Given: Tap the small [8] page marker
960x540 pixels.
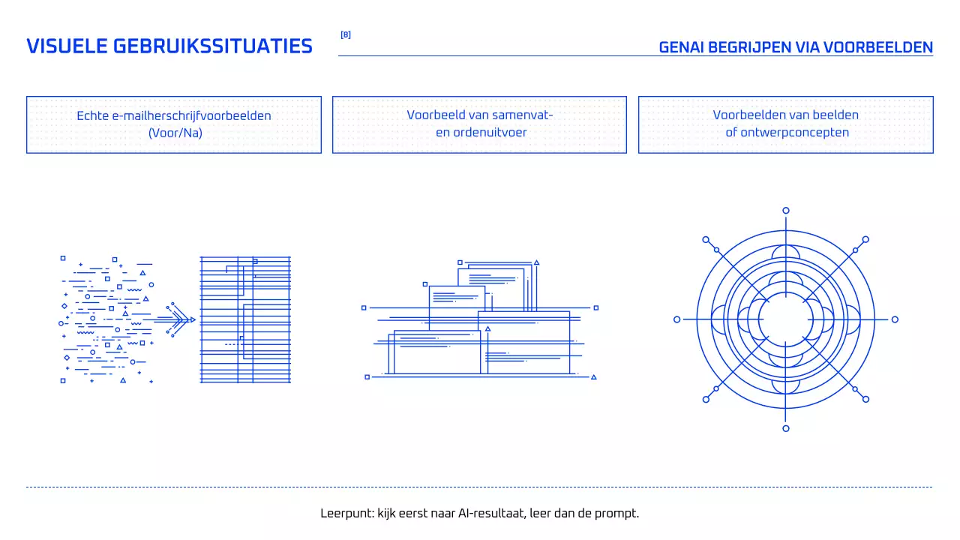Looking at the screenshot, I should pyautogui.click(x=345, y=34).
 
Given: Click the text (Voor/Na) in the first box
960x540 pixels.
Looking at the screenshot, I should pyautogui.click(x=175, y=133).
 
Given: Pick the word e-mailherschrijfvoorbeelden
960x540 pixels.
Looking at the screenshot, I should pyautogui.click(x=191, y=115).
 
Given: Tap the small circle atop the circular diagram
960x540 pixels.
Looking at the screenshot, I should pyautogui.click(x=785, y=211).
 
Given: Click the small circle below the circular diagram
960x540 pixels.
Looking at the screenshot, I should pyautogui.click(x=785, y=428).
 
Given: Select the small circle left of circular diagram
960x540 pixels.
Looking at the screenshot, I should pyautogui.click(x=676, y=319).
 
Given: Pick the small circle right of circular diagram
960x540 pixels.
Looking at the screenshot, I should pyautogui.click(x=894, y=319).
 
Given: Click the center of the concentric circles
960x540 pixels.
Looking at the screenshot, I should pyautogui.click(x=785, y=319).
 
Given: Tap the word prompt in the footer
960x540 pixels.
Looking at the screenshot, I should pyautogui.click(x=619, y=514).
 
